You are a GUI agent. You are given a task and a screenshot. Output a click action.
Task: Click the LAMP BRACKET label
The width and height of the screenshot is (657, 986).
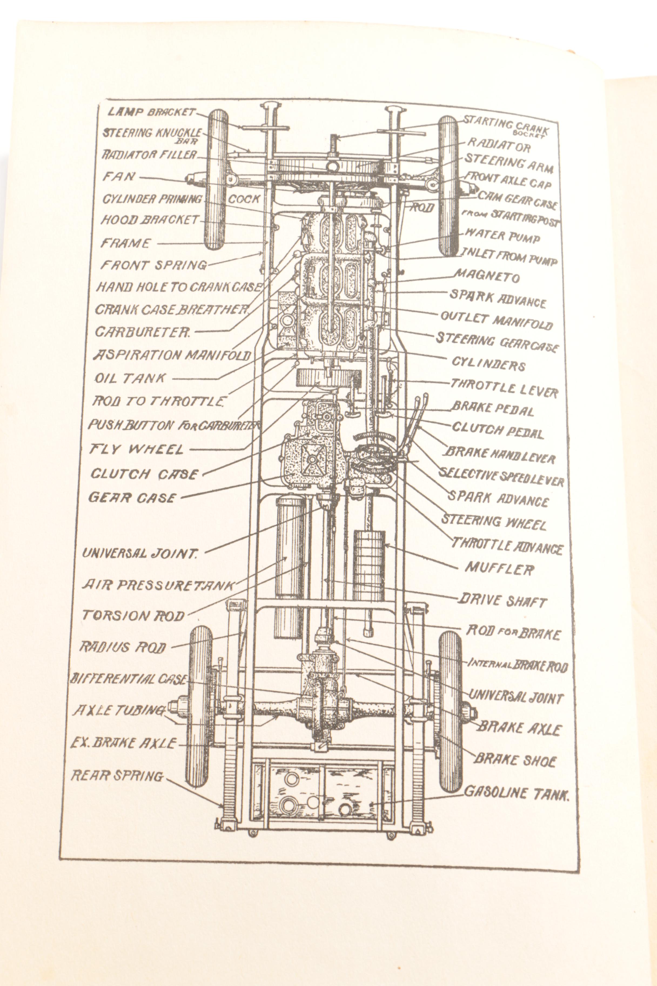tap(151, 112)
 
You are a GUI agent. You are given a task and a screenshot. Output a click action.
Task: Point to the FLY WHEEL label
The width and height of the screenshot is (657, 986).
tap(137, 449)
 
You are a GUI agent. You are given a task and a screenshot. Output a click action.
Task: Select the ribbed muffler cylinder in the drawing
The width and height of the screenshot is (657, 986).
tap(369, 566)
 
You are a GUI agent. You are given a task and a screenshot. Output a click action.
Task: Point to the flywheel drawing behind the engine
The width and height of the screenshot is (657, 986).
tap(323, 379)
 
